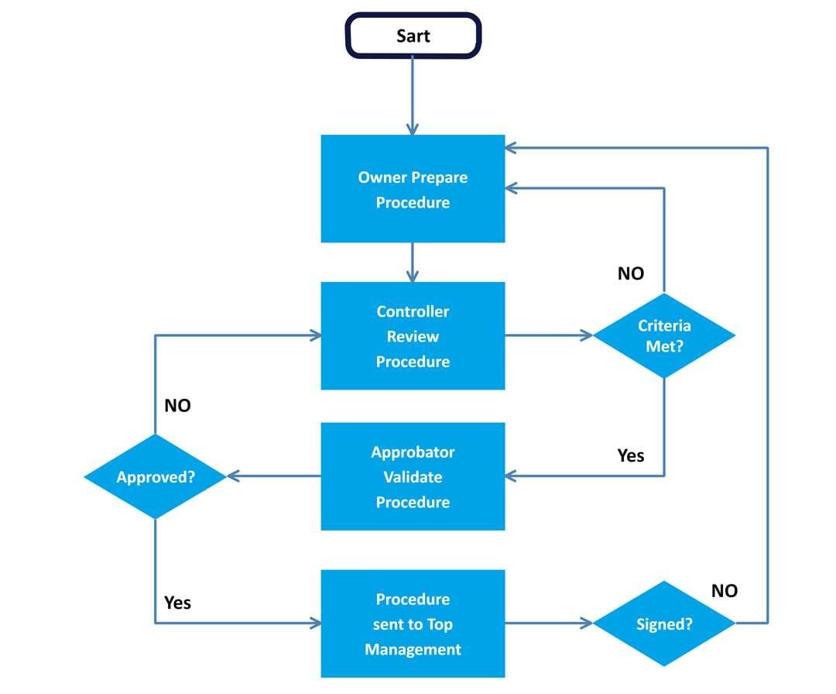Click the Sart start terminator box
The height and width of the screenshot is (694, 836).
pyautogui.click(x=413, y=36)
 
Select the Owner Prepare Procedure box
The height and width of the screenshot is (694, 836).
pyautogui.click(x=413, y=189)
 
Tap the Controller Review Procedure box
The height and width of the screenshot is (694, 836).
pyautogui.click(x=413, y=335)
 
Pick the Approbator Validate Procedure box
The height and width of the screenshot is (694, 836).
pyautogui.click(x=413, y=476)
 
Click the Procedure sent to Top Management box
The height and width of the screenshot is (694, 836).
pyautogui.click(x=413, y=624)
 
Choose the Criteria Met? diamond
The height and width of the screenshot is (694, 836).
pyautogui.click(x=663, y=335)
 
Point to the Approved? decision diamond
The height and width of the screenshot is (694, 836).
pyautogui.click(x=155, y=476)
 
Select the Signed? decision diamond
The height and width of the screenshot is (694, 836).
pyautogui.click(x=663, y=624)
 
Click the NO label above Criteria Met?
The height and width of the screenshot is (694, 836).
pyautogui.click(x=630, y=273)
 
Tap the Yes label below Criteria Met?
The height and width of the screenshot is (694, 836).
pyautogui.click(x=630, y=455)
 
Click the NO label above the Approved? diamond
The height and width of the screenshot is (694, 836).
pyautogui.click(x=177, y=406)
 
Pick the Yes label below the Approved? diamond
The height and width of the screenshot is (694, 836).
pyautogui.click(x=177, y=602)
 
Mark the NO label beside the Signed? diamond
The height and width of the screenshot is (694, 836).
pyautogui.click(x=724, y=591)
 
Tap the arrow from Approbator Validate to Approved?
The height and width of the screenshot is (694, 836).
pyautogui.click(x=274, y=476)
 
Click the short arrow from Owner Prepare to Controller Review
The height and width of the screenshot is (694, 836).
pyautogui.click(x=413, y=262)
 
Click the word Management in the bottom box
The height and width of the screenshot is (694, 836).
pyautogui.click(x=413, y=649)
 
